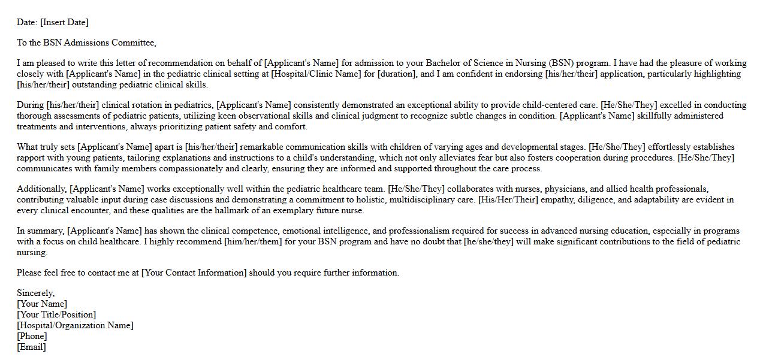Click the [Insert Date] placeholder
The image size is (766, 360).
coord(64,22)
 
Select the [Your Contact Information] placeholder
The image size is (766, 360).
coord(194,273)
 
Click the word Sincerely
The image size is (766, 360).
coord(35,293)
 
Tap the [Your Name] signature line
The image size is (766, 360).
coord(42,304)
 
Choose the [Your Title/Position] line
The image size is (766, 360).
coord(56,314)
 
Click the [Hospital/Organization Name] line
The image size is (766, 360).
coord(75,325)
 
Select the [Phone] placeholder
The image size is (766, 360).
coord(32,336)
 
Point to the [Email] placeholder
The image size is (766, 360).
coord(31,347)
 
